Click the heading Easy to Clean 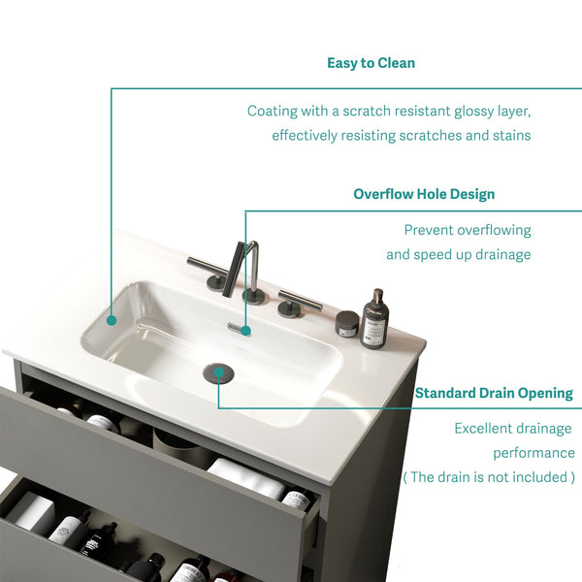coord(371,63)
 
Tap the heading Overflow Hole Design coord(424,194)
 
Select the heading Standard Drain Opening coord(494,393)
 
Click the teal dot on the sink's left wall coord(112,320)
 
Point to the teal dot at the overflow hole coord(245,331)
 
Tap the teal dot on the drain coord(218,372)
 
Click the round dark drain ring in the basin coord(218,372)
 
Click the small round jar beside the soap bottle coord(347,324)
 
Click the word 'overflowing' coord(494,231)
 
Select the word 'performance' coord(533,453)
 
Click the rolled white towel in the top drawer coord(245,477)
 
